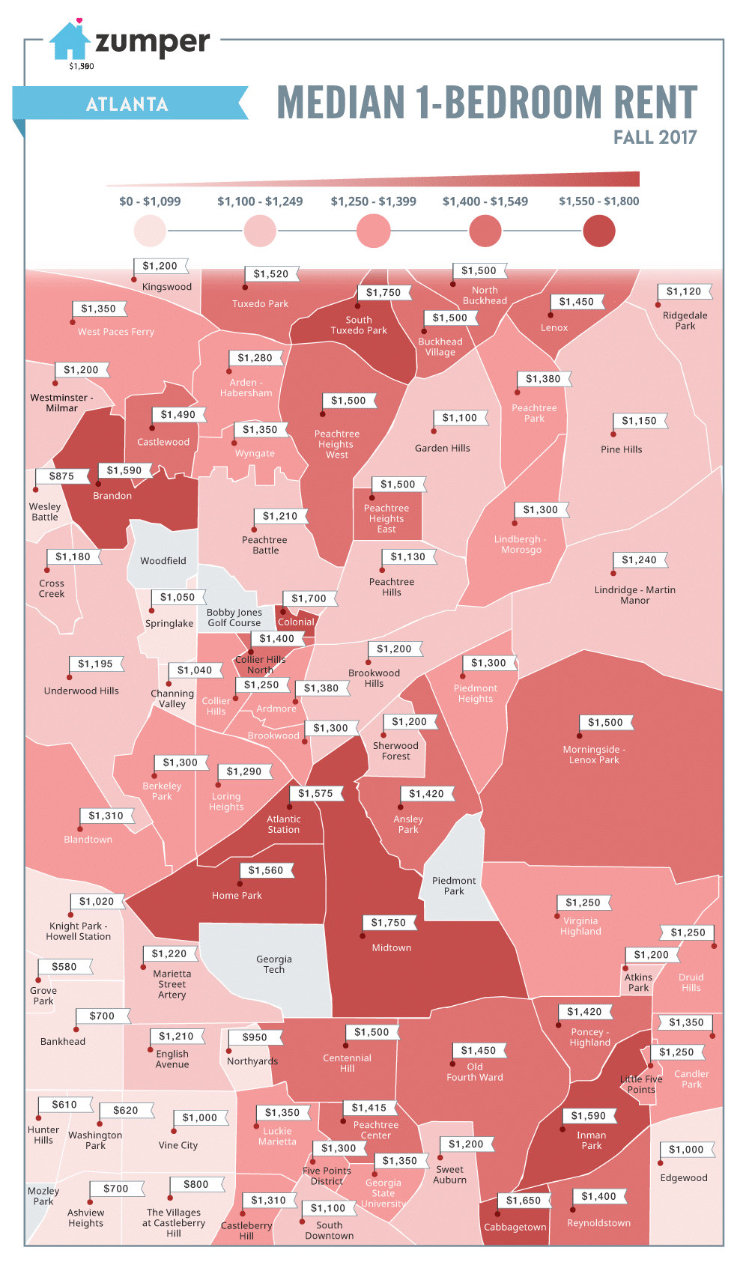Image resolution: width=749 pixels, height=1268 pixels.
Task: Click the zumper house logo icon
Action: (x=70, y=41)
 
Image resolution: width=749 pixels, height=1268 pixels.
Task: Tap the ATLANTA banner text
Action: (x=127, y=104)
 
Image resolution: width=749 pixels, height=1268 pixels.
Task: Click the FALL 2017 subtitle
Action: (x=655, y=137)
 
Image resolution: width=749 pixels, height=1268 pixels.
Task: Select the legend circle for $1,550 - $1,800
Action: (x=598, y=231)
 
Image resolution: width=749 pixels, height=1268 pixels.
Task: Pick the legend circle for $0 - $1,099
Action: (x=150, y=231)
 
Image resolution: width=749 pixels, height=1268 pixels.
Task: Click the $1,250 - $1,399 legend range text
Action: (x=373, y=201)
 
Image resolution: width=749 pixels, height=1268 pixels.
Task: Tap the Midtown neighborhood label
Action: (x=392, y=947)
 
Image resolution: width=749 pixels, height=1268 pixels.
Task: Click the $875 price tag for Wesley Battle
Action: (x=61, y=476)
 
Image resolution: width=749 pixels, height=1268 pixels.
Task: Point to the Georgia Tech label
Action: (x=274, y=964)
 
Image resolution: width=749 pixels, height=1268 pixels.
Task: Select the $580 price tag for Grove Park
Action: (x=64, y=967)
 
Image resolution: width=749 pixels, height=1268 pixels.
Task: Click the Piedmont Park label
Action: (x=454, y=885)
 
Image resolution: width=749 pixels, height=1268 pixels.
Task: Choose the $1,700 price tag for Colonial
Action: (x=309, y=598)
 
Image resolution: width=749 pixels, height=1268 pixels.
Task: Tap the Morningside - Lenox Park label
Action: (x=594, y=754)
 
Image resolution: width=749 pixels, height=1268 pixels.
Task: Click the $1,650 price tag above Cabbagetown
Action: (x=523, y=1200)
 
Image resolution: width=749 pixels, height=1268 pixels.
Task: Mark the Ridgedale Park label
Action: (x=685, y=321)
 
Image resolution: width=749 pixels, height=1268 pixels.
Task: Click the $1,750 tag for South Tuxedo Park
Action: (x=383, y=293)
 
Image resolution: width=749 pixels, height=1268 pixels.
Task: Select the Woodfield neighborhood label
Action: (x=163, y=560)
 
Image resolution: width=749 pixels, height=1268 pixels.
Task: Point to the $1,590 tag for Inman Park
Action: (x=588, y=1116)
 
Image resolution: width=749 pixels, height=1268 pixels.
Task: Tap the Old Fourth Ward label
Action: (x=475, y=1072)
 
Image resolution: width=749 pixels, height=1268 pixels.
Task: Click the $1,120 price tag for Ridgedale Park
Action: (x=684, y=291)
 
